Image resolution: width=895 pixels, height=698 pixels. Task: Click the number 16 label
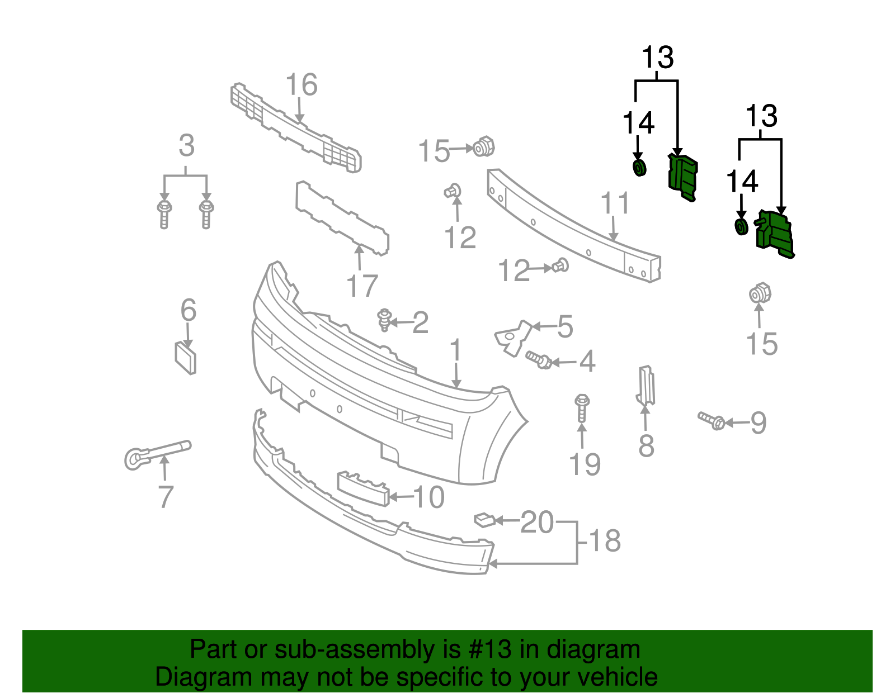[302, 85]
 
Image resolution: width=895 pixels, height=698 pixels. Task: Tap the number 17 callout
[362, 286]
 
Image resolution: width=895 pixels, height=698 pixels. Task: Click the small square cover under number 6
[186, 358]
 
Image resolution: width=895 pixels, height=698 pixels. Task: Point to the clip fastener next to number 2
[384, 320]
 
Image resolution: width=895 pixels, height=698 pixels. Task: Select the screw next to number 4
[539, 360]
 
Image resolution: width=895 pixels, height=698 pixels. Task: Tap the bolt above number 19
[582, 407]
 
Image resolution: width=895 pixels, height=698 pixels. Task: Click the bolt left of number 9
[712, 420]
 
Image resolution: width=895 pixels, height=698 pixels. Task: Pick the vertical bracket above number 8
[646, 385]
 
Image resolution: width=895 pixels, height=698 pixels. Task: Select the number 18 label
[605, 541]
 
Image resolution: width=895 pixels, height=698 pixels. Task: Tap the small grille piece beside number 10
[362, 488]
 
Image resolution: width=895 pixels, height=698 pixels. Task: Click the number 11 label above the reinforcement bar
[615, 203]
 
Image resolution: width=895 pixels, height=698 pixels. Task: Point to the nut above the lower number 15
[760, 293]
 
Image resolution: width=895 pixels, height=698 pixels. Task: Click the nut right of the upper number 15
[483, 147]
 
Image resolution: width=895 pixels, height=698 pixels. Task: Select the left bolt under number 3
[164, 213]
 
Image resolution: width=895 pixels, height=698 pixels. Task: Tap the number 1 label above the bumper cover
[456, 350]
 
